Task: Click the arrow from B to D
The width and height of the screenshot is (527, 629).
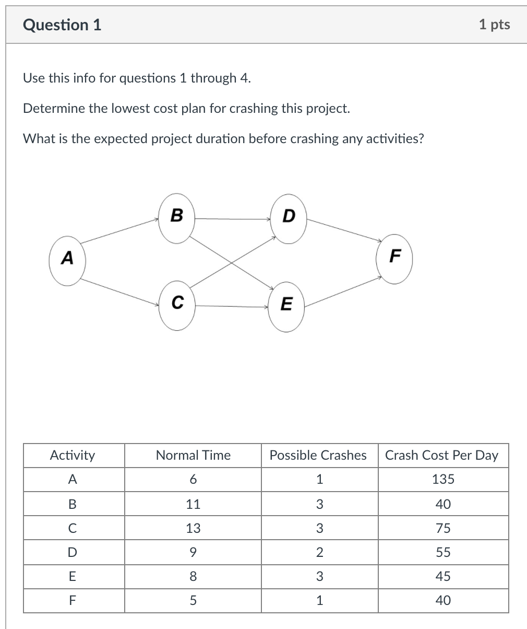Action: (x=232, y=219)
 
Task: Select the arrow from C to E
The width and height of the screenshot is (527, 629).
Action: (x=232, y=306)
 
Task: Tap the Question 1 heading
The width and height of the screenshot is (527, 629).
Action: (x=62, y=25)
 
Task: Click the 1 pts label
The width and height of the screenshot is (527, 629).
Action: (x=494, y=24)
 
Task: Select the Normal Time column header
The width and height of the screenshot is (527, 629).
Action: (x=193, y=456)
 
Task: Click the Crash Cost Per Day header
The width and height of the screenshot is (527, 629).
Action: (x=442, y=456)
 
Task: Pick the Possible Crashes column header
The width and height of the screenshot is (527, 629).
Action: (x=318, y=456)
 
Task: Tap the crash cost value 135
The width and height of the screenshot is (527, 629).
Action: (x=443, y=480)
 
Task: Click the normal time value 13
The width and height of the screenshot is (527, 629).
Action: (x=193, y=528)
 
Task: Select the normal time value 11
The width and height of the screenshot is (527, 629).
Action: (x=193, y=504)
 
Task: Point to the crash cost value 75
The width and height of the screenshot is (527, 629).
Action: (x=443, y=528)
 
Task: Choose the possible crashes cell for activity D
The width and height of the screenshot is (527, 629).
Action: (x=319, y=552)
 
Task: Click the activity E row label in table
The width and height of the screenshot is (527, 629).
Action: (x=73, y=576)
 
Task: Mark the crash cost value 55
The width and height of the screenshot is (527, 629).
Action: (x=443, y=552)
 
